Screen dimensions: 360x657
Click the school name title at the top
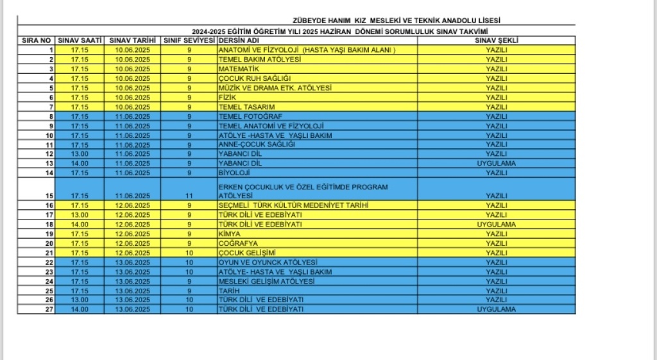point(396,21)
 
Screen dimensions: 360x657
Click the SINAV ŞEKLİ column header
point(496,40)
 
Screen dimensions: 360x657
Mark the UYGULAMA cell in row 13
point(496,163)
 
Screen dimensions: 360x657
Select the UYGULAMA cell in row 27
point(496,309)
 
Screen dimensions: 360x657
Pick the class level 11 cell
point(189,195)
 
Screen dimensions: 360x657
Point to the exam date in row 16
point(133,205)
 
